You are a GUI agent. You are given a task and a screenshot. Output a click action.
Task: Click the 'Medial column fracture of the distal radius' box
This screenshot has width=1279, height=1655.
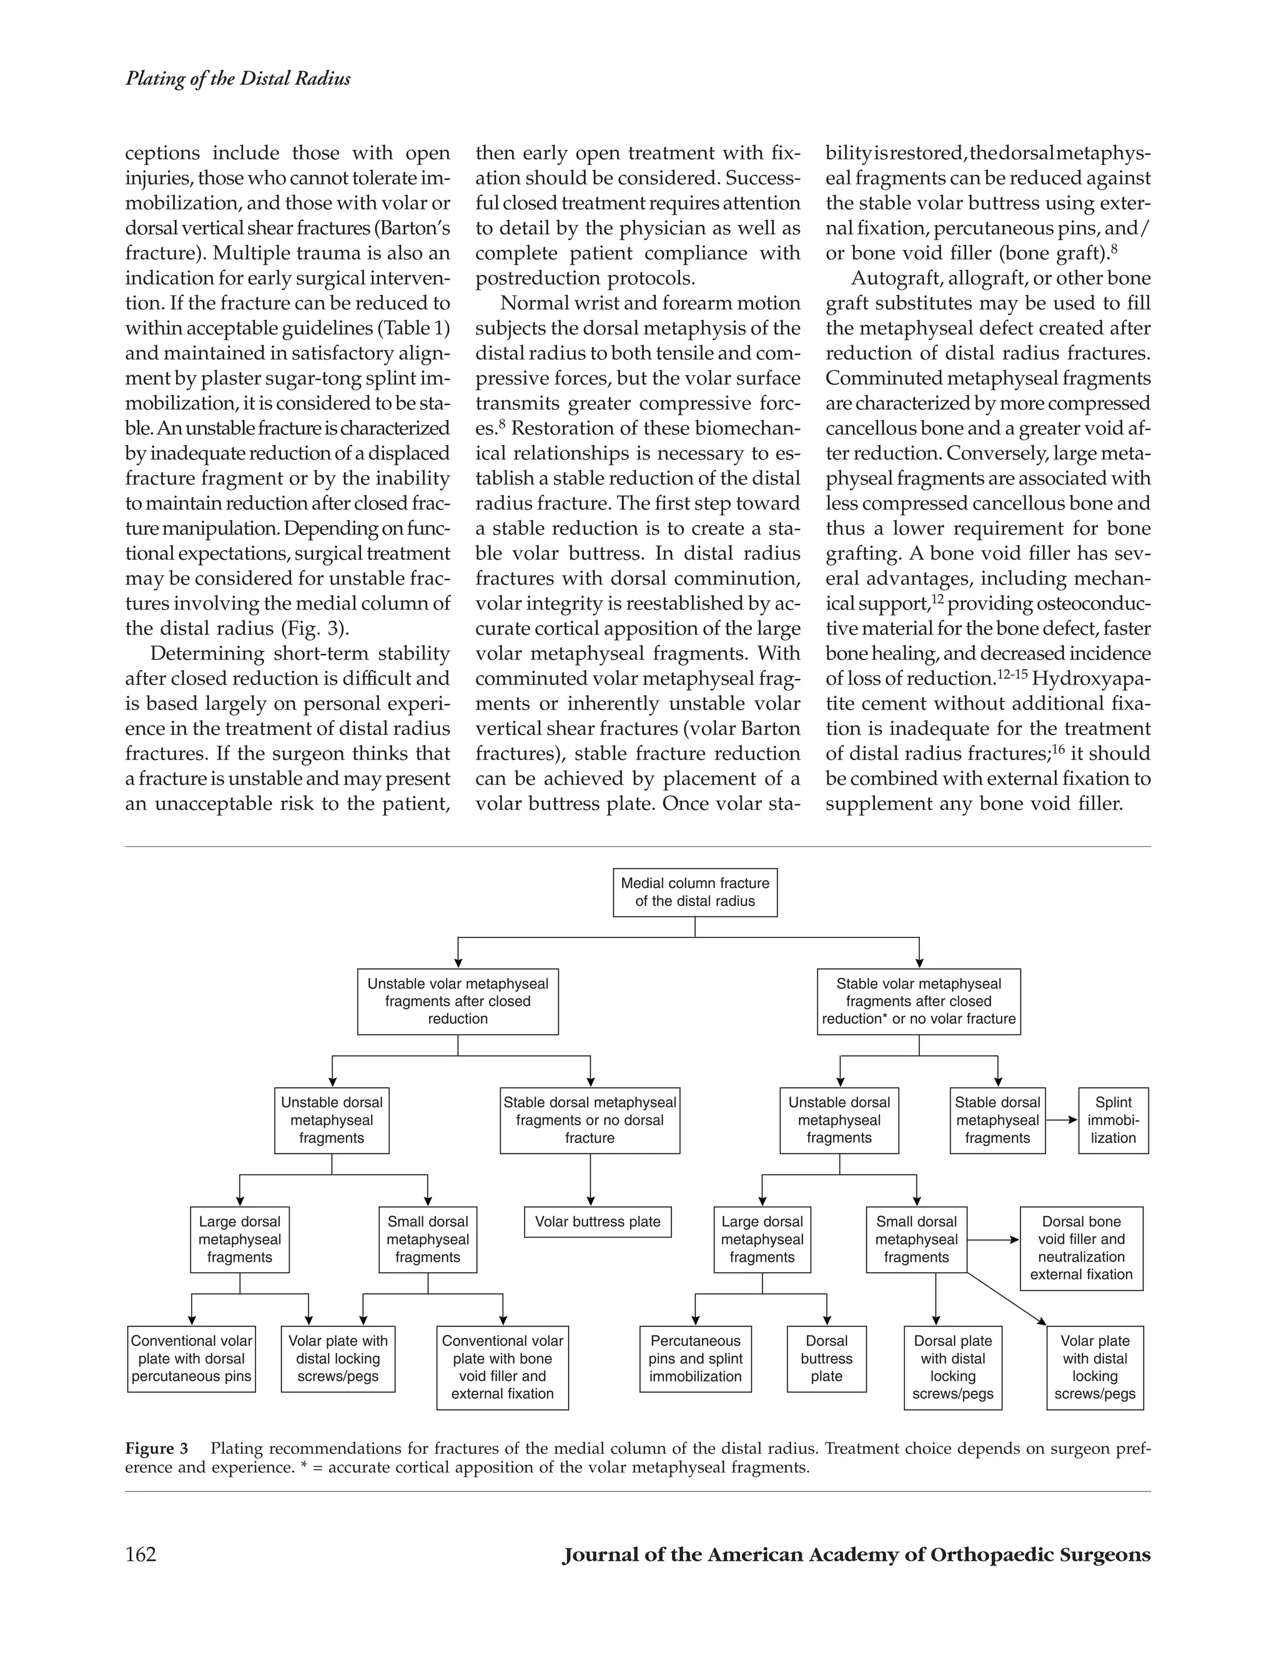[x=695, y=892]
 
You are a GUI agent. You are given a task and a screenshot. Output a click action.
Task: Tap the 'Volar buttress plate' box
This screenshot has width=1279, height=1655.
[x=597, y=1222]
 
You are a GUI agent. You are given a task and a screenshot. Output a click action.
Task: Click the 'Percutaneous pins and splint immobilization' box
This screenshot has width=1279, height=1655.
[x=695, y=1358]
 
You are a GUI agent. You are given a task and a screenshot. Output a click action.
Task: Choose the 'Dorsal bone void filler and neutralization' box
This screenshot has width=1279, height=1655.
[x=1080, y=1247]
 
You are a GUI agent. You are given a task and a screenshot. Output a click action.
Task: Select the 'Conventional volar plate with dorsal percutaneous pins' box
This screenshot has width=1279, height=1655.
[x=191, y=1358]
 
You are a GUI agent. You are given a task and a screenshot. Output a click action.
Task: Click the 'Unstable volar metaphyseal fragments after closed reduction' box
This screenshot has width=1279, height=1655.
[x=458, y=1001]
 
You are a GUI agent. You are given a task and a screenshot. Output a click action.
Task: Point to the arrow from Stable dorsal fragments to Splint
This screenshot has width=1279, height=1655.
[x=1062, y=1119]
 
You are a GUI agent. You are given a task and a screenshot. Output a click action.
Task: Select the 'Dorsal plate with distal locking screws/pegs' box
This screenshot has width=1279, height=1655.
[x=952, y=1367]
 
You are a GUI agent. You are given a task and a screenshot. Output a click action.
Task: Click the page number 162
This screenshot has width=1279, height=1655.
[x=141, y=1555]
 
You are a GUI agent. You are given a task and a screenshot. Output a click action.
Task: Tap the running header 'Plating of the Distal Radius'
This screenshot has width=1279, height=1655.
[x=237, y=79]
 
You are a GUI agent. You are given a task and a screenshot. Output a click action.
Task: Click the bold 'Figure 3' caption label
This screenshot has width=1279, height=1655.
[x=157, y=1449]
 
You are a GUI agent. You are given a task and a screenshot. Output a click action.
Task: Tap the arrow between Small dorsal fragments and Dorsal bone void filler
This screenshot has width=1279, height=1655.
[x=994, y=1240]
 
